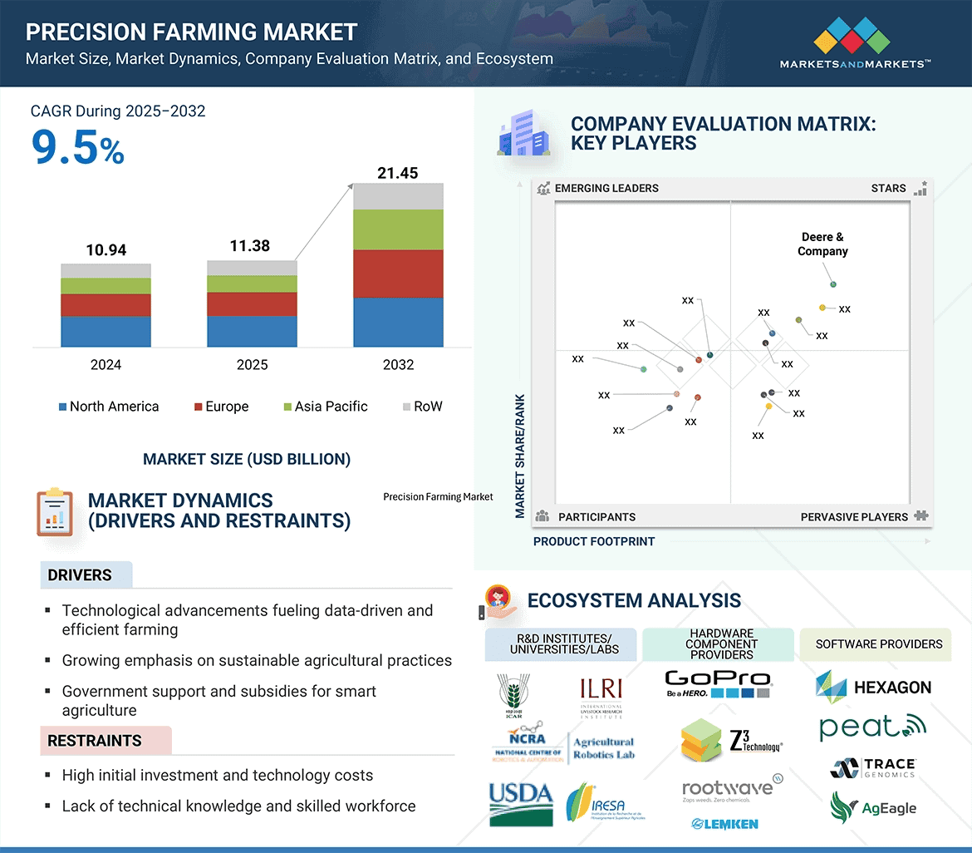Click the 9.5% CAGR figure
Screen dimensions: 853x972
[77, 147]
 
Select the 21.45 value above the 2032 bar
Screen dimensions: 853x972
[397, 173]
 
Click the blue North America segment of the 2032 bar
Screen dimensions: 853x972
[398, 322]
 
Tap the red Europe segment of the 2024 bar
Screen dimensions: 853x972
[106, 305]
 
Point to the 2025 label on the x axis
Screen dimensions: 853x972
[252, 365]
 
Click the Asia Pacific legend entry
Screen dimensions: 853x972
[325, 407]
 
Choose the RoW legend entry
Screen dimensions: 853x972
[422, 407]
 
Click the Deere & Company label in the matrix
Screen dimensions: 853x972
[822, 244]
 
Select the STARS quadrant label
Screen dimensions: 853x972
[888, 188]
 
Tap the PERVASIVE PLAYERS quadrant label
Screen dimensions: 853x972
[854, 517]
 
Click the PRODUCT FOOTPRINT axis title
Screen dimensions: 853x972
[594, 541]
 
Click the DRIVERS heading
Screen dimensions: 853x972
[80, 575]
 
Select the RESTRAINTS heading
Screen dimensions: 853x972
[94, 741]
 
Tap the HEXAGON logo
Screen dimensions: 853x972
[873, 687]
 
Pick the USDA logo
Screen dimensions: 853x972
[520, 803]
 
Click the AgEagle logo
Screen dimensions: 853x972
[873, 807]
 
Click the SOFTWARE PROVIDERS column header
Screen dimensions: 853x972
[878, 644]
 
